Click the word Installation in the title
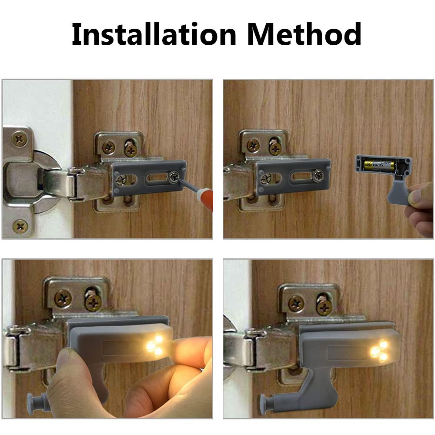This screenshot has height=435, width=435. point(153,34)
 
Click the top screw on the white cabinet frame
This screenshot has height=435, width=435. point(19,139)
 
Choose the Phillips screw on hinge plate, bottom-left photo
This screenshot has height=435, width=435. point(63,298)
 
